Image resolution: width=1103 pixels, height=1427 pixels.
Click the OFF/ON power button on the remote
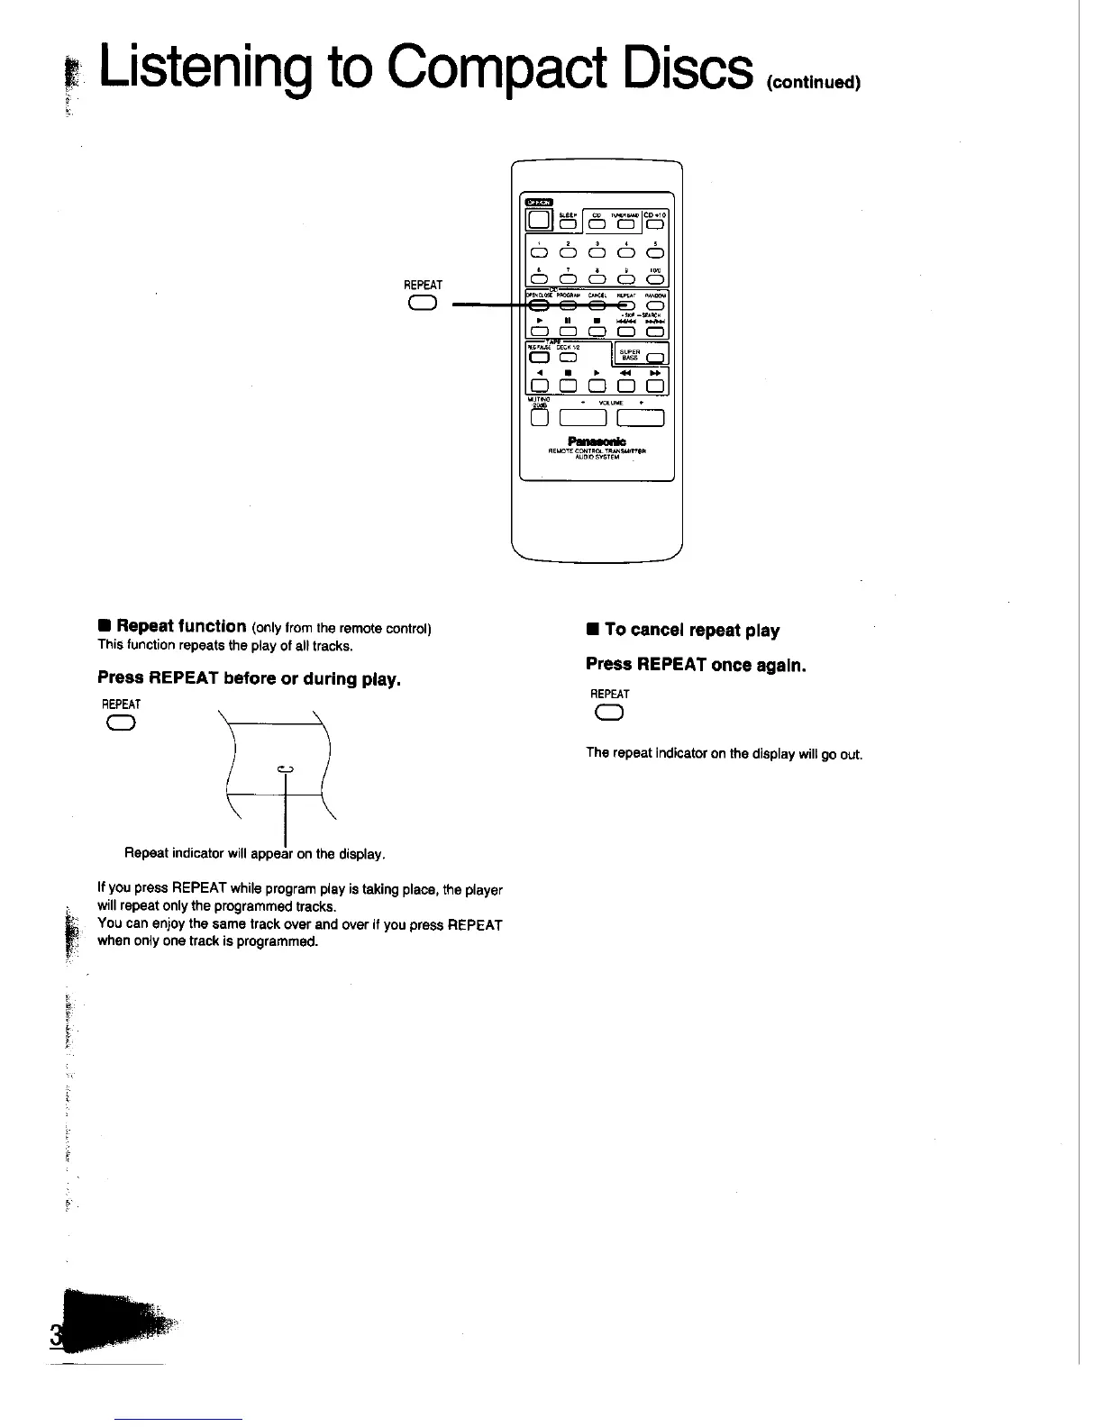click(538, 221)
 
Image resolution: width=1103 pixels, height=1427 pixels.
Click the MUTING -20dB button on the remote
click(539, 417)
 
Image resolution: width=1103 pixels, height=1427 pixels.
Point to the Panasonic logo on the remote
click(597, 441)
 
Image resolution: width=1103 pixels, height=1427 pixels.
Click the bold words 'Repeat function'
click(181, 625)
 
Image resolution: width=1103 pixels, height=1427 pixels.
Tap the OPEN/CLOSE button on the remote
click(538, 306)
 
